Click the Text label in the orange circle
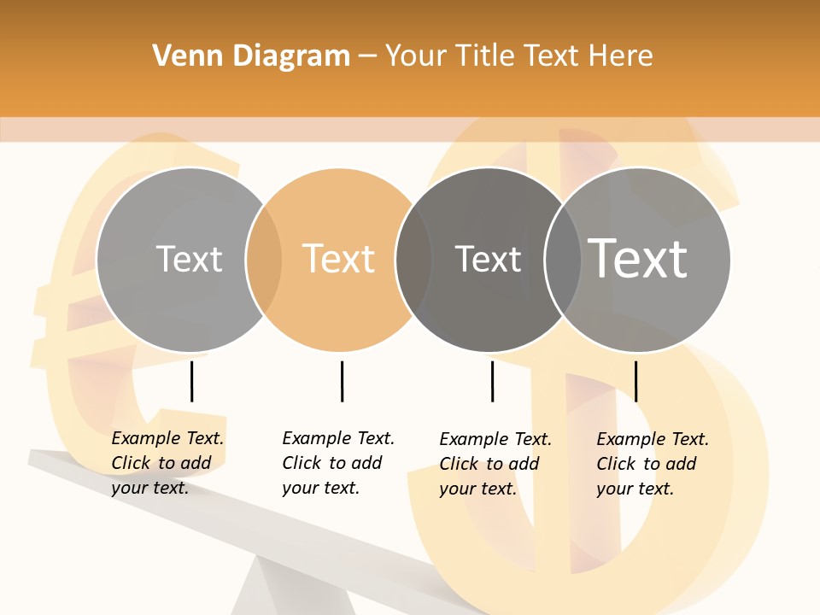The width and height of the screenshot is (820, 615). (x=339, y=259)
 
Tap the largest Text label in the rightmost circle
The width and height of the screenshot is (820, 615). (x=638, y=258)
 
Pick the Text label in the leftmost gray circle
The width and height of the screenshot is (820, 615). (x=189, y=259)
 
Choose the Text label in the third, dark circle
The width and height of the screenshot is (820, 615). (x=488, y=259)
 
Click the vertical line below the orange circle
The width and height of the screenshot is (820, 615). (x=342, y=381)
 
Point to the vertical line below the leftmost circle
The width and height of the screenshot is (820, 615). (x=191, y=381)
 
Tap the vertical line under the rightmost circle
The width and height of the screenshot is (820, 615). (x=635, y=381)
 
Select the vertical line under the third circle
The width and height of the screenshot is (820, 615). (x=492, y=381)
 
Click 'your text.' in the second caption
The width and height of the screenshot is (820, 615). (x=320, y=488)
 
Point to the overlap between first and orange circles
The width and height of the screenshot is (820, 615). (x=264, y=260)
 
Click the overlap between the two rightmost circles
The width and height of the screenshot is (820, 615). (x=563, y=260)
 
